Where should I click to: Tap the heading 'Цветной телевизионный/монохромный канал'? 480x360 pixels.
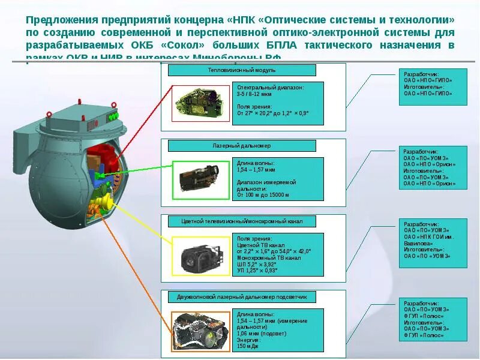point(241,221)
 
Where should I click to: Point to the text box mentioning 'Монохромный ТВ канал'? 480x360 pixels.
point(279,254)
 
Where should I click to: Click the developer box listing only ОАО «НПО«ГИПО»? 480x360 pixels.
point(433,87)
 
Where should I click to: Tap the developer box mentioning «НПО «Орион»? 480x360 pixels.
point(433,168)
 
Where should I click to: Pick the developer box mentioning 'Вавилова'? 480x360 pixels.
point(433,244)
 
